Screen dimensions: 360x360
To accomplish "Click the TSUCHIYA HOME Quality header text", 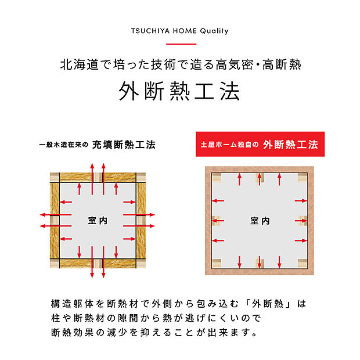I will [x=180, y=31].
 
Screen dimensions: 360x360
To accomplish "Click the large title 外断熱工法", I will [x=180, y=92].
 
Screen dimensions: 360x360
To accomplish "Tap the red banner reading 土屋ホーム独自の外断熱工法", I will [x=258, y=144].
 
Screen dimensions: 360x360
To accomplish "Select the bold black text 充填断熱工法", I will [x=128, y=144].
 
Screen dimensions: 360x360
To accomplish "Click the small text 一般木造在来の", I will [x=64, y=145].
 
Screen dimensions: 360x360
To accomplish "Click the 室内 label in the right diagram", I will [x=260, y=221].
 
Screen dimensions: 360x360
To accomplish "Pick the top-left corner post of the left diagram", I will [x=55, y=177].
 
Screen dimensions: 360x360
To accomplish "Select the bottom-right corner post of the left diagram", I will [x=139, y=265].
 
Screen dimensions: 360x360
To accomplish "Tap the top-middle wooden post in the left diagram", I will [x=98, y=177].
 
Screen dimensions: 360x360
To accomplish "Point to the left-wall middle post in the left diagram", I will [x=55, y=221].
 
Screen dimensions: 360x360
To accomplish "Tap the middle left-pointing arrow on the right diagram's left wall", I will [x=219, y=221].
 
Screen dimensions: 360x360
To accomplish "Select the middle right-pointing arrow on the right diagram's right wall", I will [x=300, y=221].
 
